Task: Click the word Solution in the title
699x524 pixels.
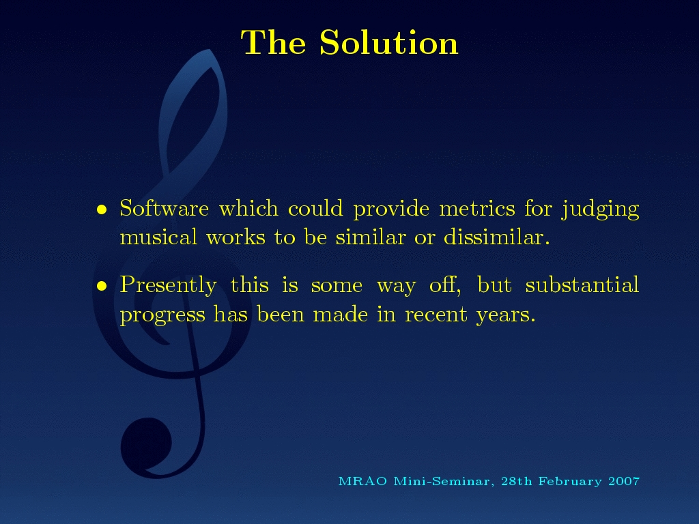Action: click(388, 42)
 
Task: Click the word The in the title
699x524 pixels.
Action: click(273, 42)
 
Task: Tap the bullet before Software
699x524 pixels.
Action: click(102, 209)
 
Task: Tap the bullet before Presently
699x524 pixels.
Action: click(102, 286)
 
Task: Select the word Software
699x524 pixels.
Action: click(164, 207)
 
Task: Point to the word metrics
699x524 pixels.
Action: click(477, 209)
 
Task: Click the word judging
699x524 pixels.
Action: click(601, 209)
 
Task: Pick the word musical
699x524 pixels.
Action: click(158, 237)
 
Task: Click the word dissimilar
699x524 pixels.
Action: click(497, 237)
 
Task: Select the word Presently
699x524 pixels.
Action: click(169, 286)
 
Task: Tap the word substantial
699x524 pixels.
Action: click(582, 285)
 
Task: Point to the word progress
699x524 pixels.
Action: click(162, 315)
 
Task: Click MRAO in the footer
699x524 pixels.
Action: click(362, 481)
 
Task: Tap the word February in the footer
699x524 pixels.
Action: click(570, 482)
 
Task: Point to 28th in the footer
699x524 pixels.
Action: click(517, 481)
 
